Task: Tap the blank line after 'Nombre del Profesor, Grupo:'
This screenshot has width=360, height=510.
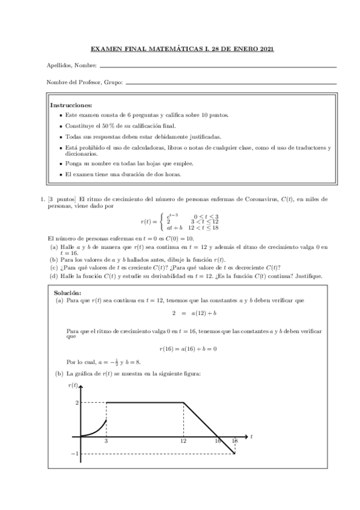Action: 231,83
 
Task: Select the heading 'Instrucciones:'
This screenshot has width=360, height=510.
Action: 70,105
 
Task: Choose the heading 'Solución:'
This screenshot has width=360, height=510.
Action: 67,292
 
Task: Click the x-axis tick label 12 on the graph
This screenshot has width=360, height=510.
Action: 183,441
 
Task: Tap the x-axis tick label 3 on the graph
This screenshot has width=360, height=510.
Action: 106,441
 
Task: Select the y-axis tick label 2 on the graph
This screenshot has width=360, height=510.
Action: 77,402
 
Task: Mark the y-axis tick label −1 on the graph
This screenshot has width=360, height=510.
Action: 76,453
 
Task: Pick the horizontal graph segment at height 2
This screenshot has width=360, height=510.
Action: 144,402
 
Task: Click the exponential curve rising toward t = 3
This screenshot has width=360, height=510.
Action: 97,429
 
